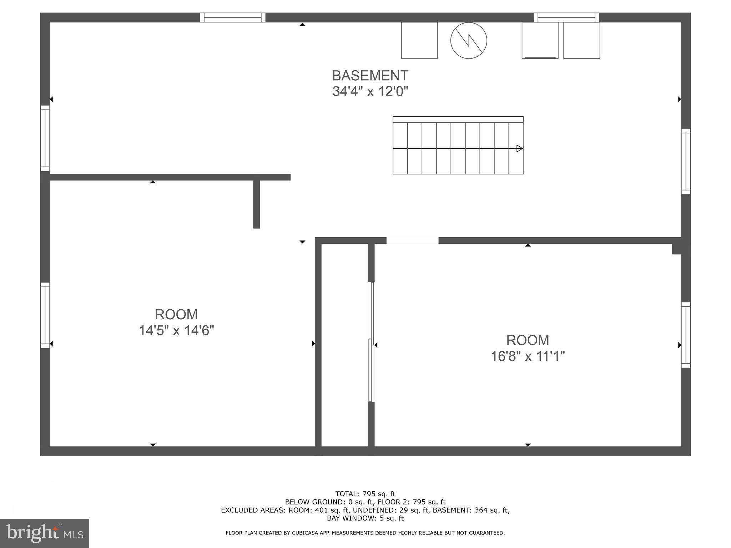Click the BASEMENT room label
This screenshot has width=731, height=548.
pos(370,76)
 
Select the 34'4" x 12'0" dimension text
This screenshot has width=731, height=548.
pos(370,92)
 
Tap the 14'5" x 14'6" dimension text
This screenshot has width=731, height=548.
pos(176,331)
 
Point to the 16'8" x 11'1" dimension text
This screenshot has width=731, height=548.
pos(528,356)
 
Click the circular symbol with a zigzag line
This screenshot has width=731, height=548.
pos(469,40)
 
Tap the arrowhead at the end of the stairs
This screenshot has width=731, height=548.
pos(520,148)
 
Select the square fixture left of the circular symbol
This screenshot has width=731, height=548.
pos(419,40)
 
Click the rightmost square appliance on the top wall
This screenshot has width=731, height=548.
pos(581,40)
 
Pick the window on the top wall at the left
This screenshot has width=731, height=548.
pos(233,17)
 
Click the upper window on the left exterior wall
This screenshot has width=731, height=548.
pos(45,138)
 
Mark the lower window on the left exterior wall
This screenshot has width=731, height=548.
pos(45,315)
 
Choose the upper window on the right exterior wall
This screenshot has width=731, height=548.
pos(686,161)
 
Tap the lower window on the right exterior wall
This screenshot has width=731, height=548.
pos(686,335)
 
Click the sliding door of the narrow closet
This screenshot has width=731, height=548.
pos(371,342)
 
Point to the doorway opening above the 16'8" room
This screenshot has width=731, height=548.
pos(412,240)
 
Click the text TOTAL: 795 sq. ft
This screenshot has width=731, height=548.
pos(365,494)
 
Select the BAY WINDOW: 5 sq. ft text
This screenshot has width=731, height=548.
pos(365,518)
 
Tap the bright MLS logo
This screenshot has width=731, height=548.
pos(45,533)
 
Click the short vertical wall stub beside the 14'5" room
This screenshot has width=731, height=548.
pos(257,203)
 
